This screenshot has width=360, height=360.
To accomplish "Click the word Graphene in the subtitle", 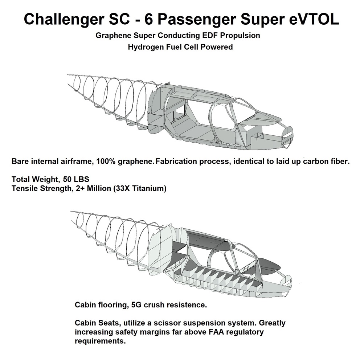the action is click(111, 36).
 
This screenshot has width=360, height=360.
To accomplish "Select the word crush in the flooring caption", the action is click(152, 305).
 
